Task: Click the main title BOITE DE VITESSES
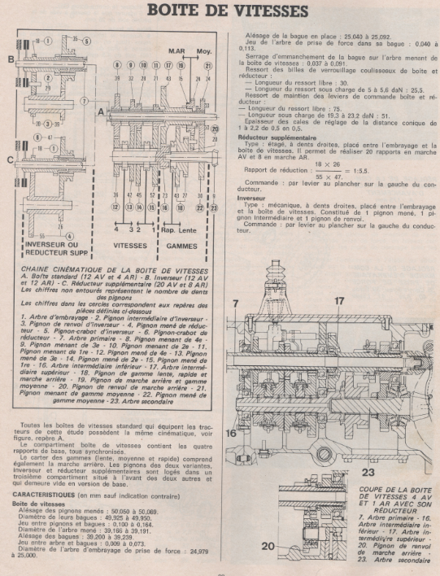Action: coord(220,11)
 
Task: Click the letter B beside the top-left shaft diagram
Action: coord(9,59)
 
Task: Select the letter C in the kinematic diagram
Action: coord(9,160)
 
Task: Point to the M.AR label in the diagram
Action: coord(176,50)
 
